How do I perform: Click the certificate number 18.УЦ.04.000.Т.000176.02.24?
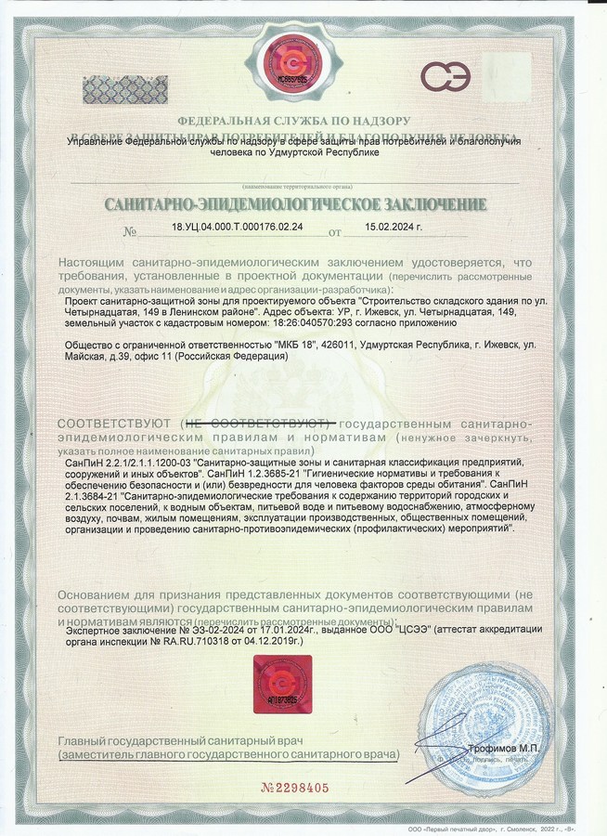pyautogui.click(x=237, y=227)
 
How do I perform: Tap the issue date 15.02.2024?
pyautogui.click(x=394, y=227)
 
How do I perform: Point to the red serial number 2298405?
pyautogui.click(x=296, y=788)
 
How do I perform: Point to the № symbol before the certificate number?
pyautogui.click(x=131, y=231)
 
